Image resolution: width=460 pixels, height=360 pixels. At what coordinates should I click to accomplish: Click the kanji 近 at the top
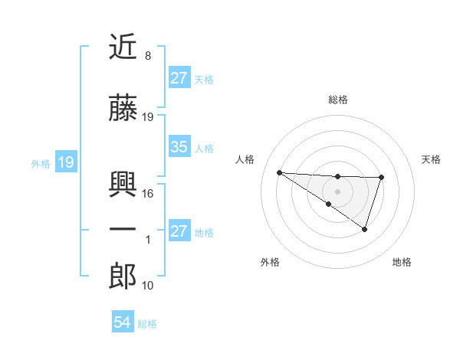123,49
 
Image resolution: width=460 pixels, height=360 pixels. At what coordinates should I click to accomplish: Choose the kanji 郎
123,277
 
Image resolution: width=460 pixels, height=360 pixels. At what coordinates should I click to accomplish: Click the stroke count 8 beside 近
147,57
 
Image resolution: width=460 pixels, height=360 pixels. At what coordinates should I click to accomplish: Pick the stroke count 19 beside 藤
148,117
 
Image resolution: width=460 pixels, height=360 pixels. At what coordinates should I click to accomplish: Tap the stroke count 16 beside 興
148,194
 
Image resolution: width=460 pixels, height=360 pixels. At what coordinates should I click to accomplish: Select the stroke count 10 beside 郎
148,286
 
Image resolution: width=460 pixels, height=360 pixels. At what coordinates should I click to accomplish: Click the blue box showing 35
179,147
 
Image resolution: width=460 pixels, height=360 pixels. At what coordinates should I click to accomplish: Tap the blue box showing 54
122,322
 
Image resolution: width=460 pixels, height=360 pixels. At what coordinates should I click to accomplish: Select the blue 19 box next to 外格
65,162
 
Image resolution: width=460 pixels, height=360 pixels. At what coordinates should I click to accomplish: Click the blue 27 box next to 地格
179,231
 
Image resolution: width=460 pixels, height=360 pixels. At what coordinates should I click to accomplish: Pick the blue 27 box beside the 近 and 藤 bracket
179,78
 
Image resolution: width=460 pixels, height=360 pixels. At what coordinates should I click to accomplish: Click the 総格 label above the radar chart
337,100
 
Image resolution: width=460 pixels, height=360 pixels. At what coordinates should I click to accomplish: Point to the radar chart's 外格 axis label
270,263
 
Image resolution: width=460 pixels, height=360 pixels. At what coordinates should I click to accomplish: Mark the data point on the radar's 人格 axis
279,172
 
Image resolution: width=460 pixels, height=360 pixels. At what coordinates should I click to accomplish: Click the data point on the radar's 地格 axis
365,229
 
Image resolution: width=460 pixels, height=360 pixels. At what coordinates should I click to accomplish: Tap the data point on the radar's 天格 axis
381,178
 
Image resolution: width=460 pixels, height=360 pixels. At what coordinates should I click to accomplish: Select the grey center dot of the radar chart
337,191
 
